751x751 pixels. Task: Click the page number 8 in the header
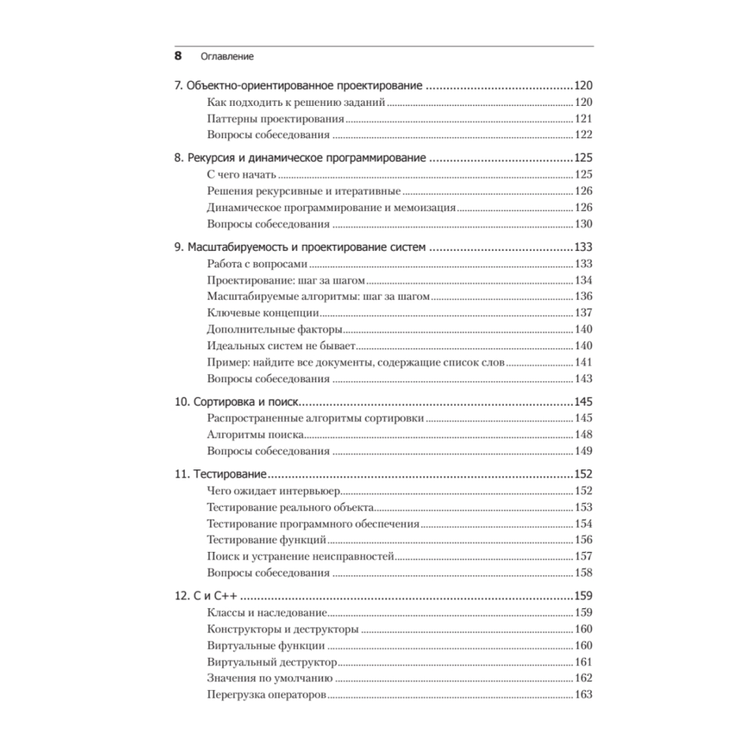point(178,55)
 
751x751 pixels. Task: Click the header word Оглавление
point(227,56)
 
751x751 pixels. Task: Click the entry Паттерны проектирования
point(275,119)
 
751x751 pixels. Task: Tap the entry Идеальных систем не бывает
point(280,345)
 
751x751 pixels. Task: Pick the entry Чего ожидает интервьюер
point(273,490)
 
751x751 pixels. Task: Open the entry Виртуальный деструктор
point(270,662)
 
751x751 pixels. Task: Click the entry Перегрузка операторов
point(266,695)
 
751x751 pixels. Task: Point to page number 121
point(584,119)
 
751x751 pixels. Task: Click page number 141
point(584,362)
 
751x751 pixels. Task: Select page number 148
point(584,435)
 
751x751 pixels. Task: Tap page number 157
point(584,556)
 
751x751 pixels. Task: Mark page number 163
point(584,695)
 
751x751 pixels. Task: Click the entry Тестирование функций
point(266,540)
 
